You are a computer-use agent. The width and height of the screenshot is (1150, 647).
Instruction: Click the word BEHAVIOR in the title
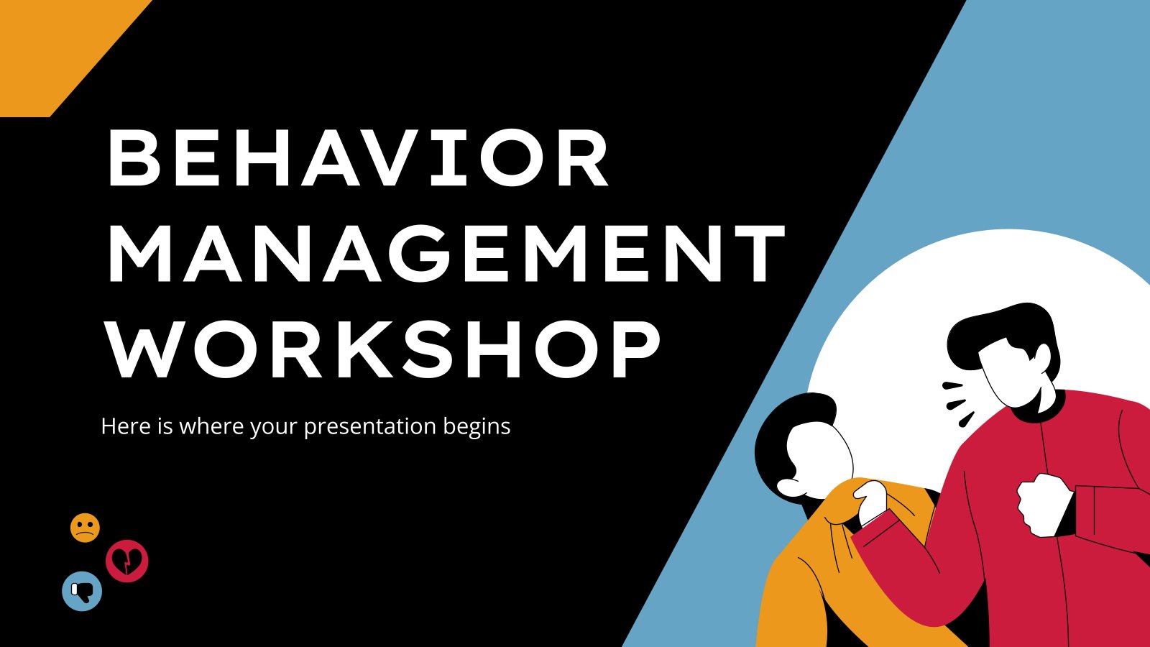(x=358, y=159)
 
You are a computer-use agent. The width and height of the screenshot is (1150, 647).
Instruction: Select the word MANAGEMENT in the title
(x=446, y=253)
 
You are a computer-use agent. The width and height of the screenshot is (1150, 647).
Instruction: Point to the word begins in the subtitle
(x=477, y=427)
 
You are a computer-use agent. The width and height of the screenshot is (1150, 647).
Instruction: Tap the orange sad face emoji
(x=85, y=528)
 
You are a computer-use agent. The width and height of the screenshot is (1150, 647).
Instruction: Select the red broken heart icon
(x=127, y=561)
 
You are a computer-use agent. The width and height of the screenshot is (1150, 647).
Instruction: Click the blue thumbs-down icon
(x=82, y=591)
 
